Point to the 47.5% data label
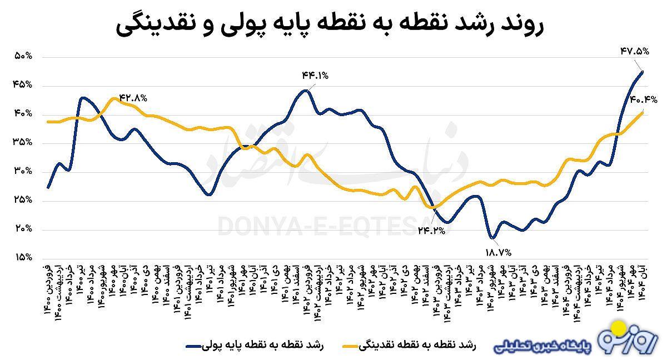(x=634, y=52)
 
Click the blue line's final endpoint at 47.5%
(x=643, y=71)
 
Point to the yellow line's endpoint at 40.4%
(x=643, y=112)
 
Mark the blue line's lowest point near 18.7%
(x=491, y=238)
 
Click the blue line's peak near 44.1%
(x=305, y=90)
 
